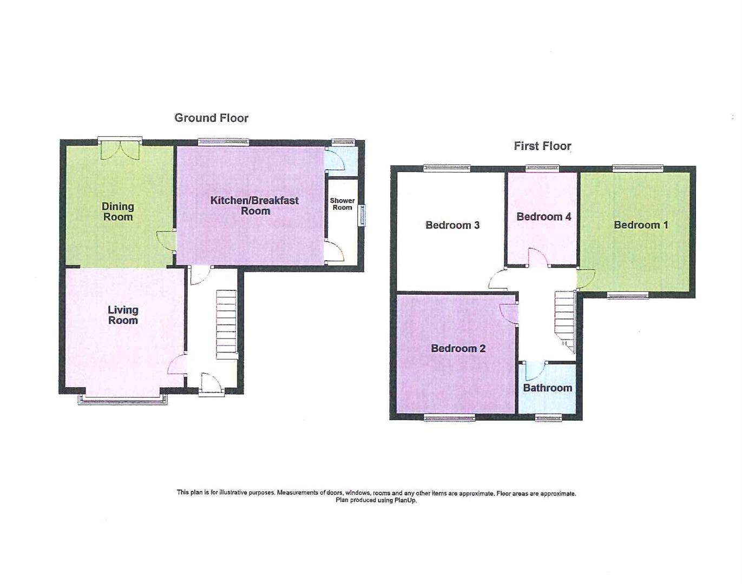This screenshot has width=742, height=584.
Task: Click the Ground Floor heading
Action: (211, 118)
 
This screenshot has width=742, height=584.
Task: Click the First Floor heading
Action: (542, 146)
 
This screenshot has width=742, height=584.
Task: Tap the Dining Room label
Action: (118, 211)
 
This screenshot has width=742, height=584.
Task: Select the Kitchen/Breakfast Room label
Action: (254, 205)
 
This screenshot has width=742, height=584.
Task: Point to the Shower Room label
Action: (342, 204)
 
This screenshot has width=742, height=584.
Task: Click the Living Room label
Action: (123, 315)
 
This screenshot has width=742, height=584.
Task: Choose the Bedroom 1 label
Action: (640, 225)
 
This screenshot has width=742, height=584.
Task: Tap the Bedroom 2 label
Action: (458, 348)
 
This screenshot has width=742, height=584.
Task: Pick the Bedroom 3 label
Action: (452, 225)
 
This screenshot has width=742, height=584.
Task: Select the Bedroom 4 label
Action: (543, 217)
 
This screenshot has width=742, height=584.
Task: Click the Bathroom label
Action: (547, 388)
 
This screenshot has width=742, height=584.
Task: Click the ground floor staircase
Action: (227, 324)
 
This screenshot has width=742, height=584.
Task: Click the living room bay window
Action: (122, 400)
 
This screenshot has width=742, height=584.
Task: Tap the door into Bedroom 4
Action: (537, 258)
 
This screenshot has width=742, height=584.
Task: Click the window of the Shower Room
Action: (363, 215)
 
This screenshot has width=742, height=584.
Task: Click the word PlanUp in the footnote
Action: (405, 500)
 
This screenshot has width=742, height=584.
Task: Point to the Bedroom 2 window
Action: (449, 417)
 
